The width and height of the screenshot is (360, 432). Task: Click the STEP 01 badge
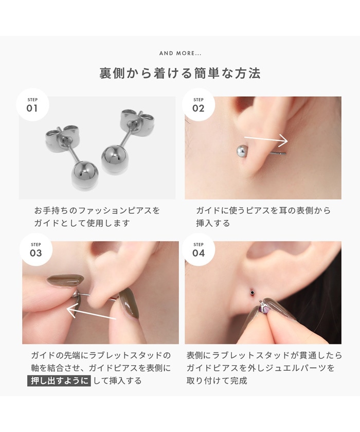point(32,105)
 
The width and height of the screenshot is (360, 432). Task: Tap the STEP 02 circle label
point(199,105)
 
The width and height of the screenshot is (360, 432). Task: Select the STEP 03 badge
point(36,249)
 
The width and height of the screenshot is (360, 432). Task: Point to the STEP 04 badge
point(199,249)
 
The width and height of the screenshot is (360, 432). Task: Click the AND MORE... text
point(181,53)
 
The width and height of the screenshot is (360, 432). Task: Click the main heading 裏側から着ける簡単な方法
point(180,73)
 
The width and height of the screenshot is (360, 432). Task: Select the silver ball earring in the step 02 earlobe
point(242,151)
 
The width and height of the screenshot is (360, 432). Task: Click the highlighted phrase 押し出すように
point(59,381)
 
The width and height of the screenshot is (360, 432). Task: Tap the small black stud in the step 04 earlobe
point(251,292)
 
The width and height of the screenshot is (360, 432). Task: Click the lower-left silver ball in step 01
point(84,175)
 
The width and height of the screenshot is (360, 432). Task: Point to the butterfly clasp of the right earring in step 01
point(137,120)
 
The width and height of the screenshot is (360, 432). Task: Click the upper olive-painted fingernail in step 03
point(65,281)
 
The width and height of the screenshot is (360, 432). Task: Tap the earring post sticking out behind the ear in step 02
point(278,153)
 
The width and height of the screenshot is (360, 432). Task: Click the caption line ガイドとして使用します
point(82,223)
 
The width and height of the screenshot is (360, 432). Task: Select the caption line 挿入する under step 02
point(213,223)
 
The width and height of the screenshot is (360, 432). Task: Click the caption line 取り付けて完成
point(217,381)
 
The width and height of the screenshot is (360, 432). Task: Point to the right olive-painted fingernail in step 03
point(129,303)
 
